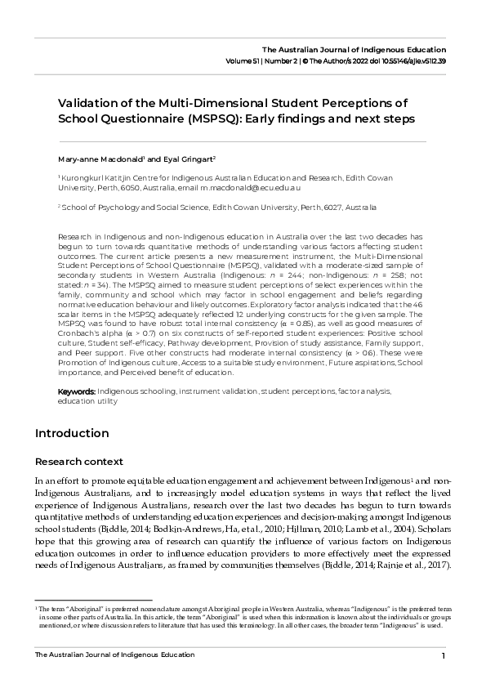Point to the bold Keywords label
(76, 391)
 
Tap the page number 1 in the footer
(443, 656)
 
